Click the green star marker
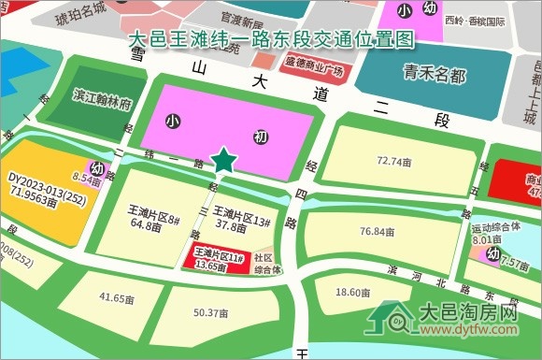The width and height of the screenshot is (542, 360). tap(223, 161)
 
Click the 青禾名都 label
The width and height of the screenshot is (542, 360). tap(434, 74)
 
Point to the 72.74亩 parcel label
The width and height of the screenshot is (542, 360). tap(393, 161)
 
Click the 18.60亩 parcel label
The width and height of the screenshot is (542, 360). tap(352, 293)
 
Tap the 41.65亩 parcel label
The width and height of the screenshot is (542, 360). tap(118, 297)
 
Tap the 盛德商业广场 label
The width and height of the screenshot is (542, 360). tap(313, 69)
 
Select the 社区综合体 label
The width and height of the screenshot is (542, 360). tap(267, 264)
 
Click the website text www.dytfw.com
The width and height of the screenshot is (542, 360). tap(466, 329)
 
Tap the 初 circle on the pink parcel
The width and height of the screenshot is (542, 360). tap(261, 137)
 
